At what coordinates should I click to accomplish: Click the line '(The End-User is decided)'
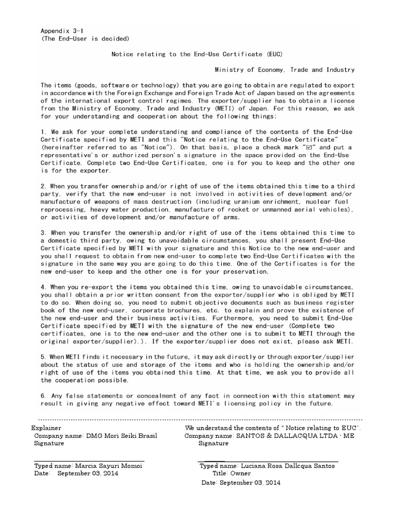point(85,38)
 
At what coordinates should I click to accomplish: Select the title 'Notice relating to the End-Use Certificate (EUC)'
point(198,54)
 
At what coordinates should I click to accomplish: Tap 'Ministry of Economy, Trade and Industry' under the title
point(285,69)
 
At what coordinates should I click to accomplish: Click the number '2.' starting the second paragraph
point(44,186)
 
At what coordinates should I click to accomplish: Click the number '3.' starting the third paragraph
point(44,232)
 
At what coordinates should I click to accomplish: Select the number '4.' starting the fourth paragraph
point(44,287)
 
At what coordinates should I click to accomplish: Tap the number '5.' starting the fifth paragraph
point(44,357)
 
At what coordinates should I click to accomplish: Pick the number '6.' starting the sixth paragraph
point(44,396)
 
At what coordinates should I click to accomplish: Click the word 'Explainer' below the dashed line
point(46,428)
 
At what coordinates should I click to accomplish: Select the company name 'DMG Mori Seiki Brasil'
point(121,436)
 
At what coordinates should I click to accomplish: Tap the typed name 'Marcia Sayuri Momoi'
point(109,466)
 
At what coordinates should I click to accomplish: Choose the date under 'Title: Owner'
point(241,482)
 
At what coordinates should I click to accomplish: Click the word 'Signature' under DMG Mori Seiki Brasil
point(49,444)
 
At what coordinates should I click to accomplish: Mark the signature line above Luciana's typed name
point(268,461)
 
